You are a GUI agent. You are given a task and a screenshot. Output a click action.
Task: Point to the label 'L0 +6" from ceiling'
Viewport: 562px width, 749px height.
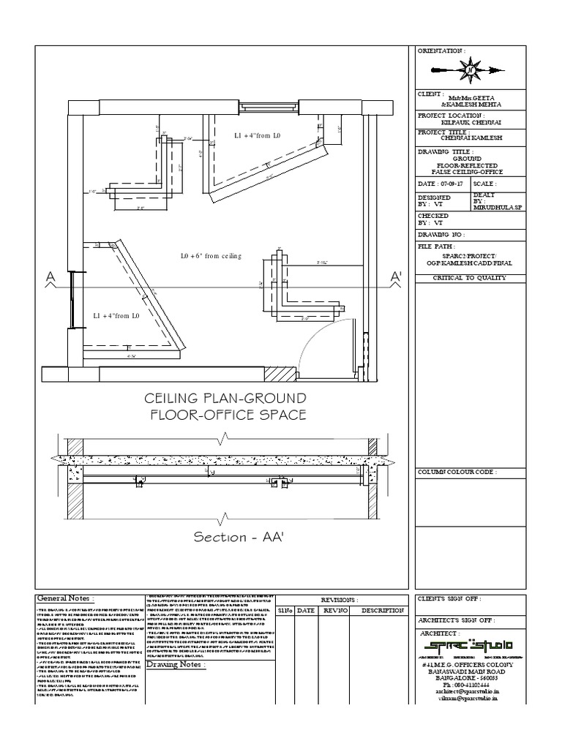point(211,256)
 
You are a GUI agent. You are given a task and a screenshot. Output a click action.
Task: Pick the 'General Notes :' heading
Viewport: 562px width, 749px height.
point(64,598)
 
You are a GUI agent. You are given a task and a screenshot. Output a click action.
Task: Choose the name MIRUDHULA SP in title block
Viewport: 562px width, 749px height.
point(498,207)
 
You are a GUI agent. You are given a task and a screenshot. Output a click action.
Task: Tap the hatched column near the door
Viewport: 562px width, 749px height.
point(281,373)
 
